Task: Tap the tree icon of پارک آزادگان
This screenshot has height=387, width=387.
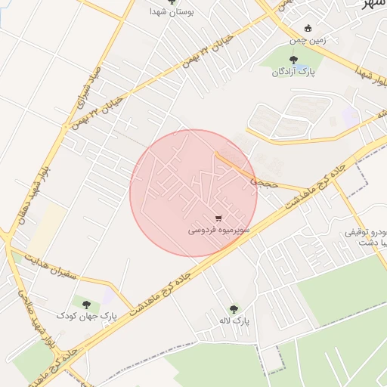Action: (295, 60)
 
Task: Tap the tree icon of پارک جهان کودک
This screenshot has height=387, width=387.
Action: (85, 303)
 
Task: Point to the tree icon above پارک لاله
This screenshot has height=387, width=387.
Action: (233, 310)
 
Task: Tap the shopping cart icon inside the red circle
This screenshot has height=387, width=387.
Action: (218, 218)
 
